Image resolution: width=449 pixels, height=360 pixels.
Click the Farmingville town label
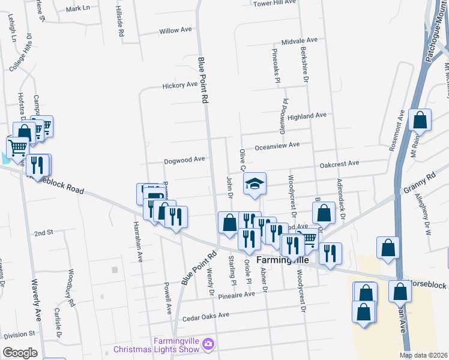(x=283, y=262)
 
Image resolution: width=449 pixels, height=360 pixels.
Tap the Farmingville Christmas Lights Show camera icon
(x=208, y=344)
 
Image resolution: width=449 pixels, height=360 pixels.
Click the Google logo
(x=20, y=353)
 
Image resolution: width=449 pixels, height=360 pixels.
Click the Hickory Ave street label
(x=180, y=85)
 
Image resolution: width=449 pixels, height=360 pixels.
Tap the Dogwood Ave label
(x=185, y=160)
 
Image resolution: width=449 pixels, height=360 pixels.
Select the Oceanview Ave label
(x=277, y=145)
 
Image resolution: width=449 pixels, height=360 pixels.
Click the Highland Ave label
(x=306, y=115)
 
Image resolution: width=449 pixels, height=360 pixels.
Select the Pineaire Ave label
(x=235, y=295)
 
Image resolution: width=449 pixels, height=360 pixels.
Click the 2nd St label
(x=44, y=233)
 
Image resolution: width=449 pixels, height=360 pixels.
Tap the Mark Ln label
(x=77, y=9)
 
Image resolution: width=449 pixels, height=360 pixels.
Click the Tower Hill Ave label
(x=275, y=3)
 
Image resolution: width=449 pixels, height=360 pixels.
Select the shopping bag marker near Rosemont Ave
(x=420, y=120)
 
